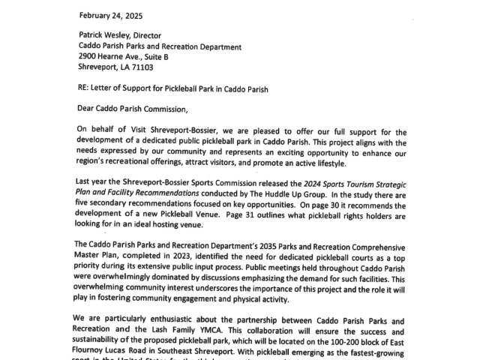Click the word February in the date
[95, 15]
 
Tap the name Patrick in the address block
[95, 35]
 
